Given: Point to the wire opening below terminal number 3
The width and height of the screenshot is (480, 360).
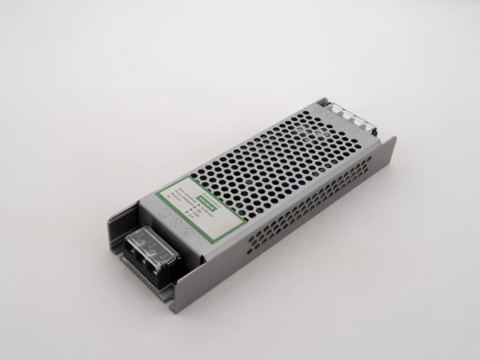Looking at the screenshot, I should tap(160, 272).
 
